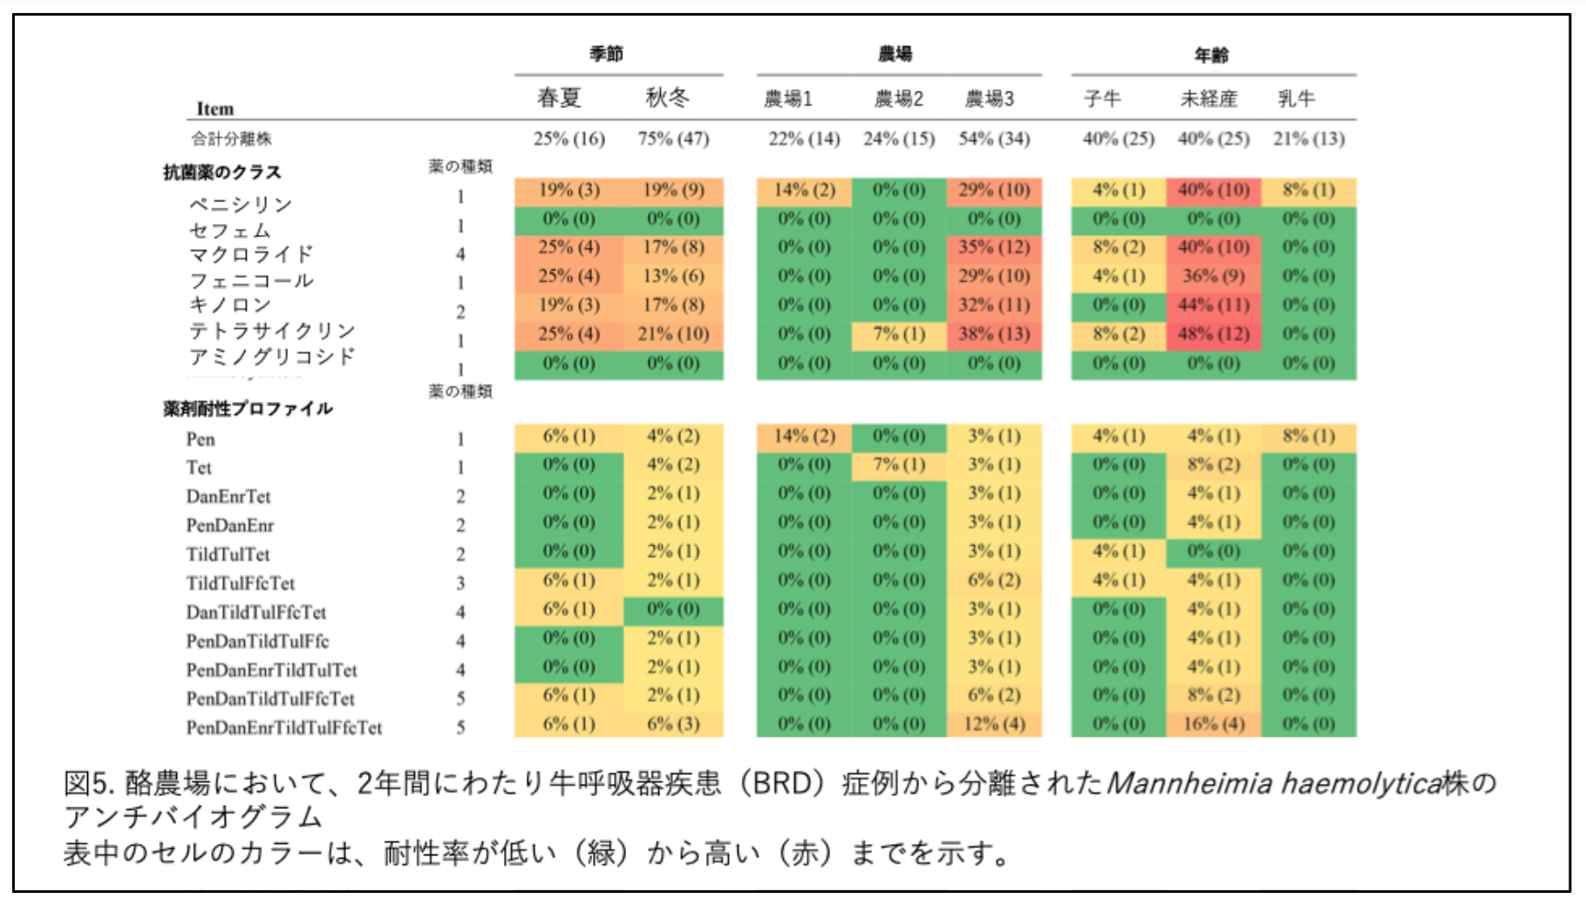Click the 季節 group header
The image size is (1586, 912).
606,54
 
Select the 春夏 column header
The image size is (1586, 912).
559,98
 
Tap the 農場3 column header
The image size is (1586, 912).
989,99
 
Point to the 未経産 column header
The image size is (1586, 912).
1208,99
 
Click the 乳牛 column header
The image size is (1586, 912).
1296,99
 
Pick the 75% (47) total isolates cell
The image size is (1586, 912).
673,139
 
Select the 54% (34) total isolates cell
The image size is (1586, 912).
994,139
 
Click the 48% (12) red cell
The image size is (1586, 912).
1214,334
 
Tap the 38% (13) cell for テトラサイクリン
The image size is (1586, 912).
994,334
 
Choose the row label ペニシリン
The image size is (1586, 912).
241,204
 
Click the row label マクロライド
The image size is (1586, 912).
251,255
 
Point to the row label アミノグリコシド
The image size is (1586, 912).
272,357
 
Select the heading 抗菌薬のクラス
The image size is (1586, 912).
222,172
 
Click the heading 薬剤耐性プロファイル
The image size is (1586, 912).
248,408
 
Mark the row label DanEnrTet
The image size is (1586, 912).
228,496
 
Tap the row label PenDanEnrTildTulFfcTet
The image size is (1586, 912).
284,727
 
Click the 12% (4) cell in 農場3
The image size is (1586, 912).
994,724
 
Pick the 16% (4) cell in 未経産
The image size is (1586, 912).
1214,724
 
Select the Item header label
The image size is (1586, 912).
214,109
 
